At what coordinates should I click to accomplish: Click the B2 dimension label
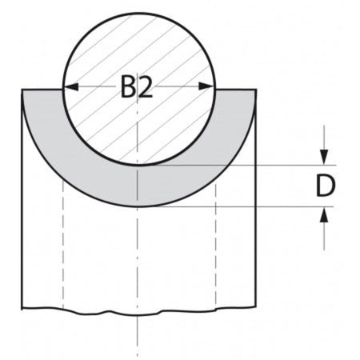click(x=137, y=88)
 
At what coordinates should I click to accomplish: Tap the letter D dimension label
click(x=324, y=186)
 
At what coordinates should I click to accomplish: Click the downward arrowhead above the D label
click(x=324, y=158)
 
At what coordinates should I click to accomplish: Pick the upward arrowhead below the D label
click(x=324, y=214)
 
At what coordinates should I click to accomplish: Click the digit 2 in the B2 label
click(x=146, y=88)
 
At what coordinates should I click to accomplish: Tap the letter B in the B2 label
click(x=128, y=88)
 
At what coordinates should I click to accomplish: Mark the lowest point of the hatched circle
click(x=139, y=165)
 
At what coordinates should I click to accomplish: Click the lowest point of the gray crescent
click(x=139, y=206)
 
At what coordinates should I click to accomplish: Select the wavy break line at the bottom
click(x=139, y=311)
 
